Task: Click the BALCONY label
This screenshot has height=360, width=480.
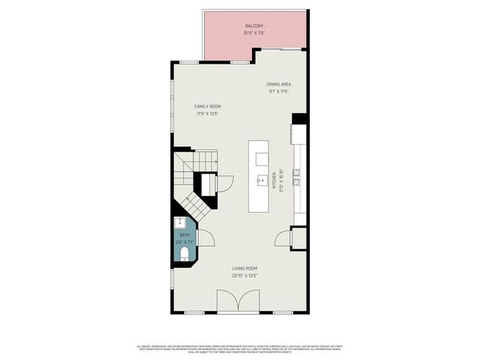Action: click(x=253, y=25)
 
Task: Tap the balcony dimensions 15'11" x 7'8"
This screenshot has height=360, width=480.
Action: click(x=253, y=34)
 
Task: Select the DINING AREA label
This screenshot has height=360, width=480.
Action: click(x=279, y=84)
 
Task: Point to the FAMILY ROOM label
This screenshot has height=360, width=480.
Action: click(x=208, y=106)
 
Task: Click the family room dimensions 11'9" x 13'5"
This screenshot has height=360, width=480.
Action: click(x=208, y=115)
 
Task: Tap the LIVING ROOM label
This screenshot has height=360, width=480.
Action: click(x=244, y=268)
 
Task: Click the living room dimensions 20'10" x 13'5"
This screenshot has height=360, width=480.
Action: click(x=244, y=276)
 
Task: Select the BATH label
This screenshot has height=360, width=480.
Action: click(x=184, y=235)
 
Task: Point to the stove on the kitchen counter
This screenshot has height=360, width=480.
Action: click(x=298, y=177)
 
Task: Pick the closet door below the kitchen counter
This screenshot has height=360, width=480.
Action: click(x=283, y=239)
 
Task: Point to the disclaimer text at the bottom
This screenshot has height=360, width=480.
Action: click(x=240, y=349)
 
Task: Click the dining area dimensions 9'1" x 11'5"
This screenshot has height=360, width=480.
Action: click(x=279, y=91)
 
